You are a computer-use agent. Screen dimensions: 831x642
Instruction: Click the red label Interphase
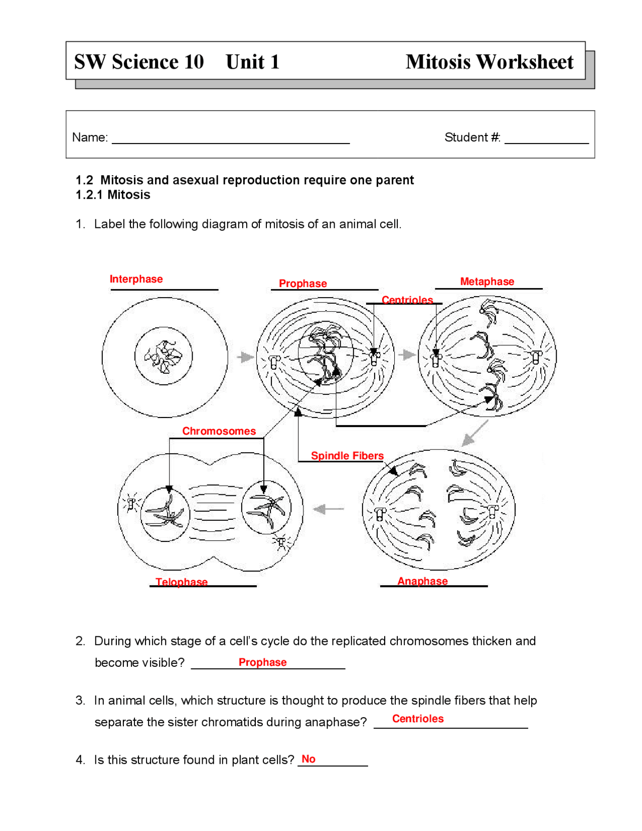point(136,279)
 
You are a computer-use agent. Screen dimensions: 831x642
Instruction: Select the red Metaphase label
point(487,282)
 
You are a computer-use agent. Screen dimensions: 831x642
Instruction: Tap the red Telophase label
point(181,582)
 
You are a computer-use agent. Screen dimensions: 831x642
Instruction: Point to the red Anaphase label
point(422,581)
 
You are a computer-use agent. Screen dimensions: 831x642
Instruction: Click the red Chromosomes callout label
point(219,431)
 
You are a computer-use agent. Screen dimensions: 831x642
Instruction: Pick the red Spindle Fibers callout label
point(347,455)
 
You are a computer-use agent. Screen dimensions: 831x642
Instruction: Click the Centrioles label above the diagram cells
point(407,300)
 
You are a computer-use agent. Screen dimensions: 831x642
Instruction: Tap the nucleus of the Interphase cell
point(164,356)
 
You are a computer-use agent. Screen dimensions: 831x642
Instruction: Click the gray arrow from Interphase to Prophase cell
point(245,357)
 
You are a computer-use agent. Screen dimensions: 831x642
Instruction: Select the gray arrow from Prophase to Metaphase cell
point(407,355)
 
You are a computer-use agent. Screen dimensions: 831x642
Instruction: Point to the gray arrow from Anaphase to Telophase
point(329,509)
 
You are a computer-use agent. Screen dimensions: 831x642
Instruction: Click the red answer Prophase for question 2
point(262,662)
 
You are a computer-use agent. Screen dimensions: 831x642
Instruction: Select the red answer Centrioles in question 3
point(417,719)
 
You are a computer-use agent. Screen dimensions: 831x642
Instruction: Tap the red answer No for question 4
point(308,759)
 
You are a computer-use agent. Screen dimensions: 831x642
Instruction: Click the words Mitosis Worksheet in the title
point(489,62)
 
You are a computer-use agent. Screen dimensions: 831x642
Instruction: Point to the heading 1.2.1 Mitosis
point(113,195)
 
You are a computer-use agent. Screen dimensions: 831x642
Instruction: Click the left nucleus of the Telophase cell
point(165,514)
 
